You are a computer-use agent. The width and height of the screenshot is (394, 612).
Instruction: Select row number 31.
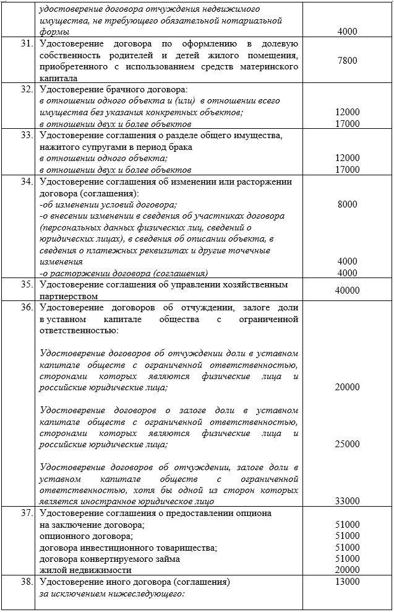click(x=26, y=43)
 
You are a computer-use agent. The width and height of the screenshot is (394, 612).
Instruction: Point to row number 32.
click(x=26, y=89)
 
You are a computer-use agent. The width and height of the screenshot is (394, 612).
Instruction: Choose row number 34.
click(x=26, y=182)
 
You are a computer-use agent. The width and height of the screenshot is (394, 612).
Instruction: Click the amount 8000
click(x=348, y=204)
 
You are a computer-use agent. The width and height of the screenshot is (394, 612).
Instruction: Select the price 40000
click(x=348, y=290)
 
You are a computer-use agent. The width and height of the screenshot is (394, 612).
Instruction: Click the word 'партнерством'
click(x=67, y=296)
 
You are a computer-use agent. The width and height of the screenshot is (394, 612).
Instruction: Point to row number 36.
click(x=26, y=308)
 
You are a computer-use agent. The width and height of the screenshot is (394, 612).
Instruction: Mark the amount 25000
click(x=348, y=444)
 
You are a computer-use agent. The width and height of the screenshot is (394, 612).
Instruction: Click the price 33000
click(x=348, y=501)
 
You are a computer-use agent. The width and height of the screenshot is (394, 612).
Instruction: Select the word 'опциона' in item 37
click(x=254, y=513)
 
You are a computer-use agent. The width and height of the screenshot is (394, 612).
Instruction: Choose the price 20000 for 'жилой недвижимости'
click(x=348, y=570)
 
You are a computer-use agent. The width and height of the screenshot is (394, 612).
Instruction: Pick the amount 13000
click(x=348, y=582)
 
